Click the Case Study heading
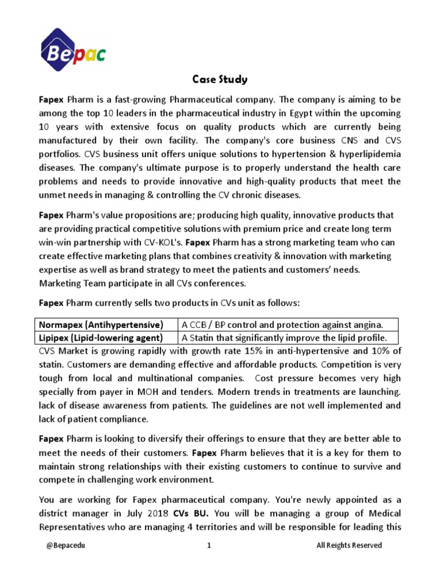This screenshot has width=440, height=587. (219, 80)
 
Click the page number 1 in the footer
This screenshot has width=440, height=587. (209, 545)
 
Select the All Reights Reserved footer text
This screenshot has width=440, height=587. (349, 545)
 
